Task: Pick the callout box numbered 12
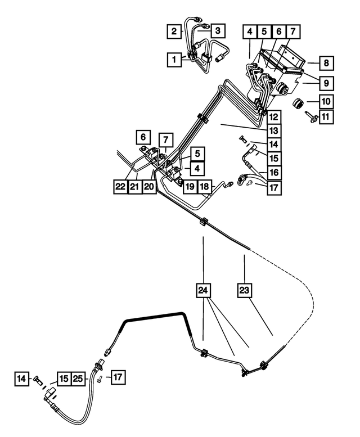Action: (x=273, y=118)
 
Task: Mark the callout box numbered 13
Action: (x=273, y=131)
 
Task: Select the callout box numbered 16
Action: (x=273, y=172)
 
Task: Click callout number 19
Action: (x=190, y=187)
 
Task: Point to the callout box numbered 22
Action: (x=119, y=187)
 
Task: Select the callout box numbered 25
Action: (x=79, y=379)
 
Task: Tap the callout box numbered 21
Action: (x=134, y=187)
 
